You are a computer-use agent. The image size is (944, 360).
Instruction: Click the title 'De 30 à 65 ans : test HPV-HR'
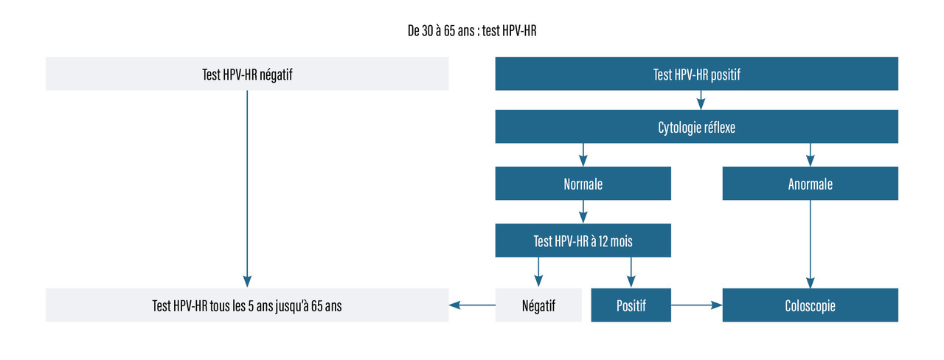(x=472, y=31)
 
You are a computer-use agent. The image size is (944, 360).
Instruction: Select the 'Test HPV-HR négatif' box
(x=247, y=74)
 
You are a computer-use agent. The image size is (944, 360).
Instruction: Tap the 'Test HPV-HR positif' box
(x=697, y=74)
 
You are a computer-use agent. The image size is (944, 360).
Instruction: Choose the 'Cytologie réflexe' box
(x=697, y=126)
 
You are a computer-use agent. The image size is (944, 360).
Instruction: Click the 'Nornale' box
(x=583, y=184)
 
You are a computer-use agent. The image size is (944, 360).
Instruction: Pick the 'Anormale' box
(x=810, y=184)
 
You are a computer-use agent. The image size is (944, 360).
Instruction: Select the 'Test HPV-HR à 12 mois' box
(x=583, y=240)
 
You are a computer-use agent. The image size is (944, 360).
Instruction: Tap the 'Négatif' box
(x=538, y=305)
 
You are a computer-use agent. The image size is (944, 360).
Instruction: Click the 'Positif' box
(x=631, y=305)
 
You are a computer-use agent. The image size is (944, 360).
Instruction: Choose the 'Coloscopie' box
(x=810, y=305)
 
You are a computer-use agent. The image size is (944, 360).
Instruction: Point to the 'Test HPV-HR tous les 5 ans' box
(x=247, y=305)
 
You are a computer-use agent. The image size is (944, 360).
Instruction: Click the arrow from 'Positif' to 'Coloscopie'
(x=697, y=305)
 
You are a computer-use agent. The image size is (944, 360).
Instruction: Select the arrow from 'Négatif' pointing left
(x=472, y=305)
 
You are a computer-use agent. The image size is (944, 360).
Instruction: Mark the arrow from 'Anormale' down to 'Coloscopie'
(x=811, y=244)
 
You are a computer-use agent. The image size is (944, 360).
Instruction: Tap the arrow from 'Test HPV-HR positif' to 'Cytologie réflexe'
(x=701, y=100)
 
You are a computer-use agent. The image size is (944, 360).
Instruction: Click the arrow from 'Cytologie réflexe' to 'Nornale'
(x=583, y=155)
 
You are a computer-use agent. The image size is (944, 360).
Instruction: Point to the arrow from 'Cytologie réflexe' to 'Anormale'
(x=811, y=155)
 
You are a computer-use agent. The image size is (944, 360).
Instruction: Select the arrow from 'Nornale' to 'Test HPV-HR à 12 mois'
(x=583, y=212)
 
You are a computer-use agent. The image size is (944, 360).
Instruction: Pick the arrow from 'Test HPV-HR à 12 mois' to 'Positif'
(x=631, y=273)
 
